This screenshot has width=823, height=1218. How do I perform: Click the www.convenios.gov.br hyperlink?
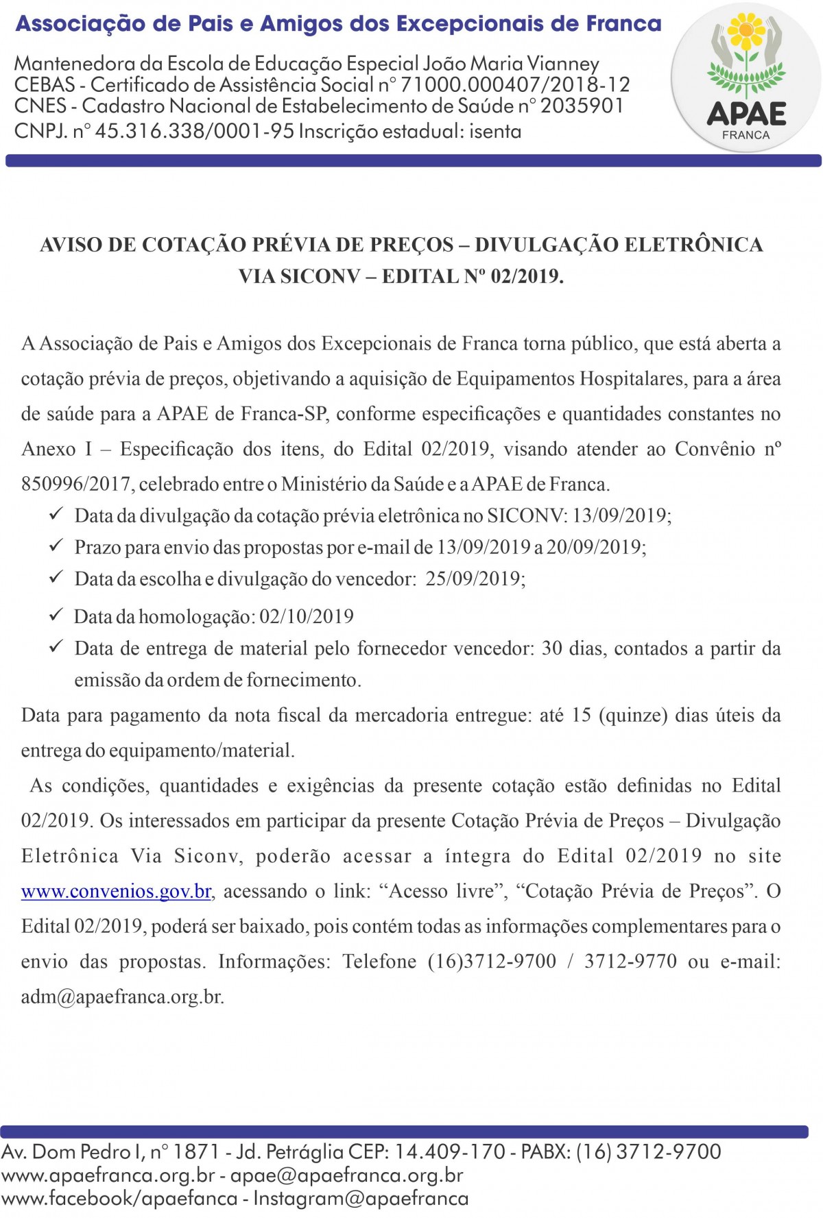[x=116, y=891]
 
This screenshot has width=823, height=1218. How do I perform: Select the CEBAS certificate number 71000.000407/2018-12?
[x=515, y=85]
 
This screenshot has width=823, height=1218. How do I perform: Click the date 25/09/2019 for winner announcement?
[x=475, y=578]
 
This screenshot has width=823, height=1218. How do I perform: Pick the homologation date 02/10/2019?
[x=307, y=616]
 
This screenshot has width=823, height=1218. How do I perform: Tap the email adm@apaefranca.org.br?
[x=122, y=996]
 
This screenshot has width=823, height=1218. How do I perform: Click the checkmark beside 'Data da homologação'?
[x=56, y=615]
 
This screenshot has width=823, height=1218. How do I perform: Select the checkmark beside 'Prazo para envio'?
[x=56, y=546]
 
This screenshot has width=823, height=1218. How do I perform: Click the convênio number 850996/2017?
[x=76, y=484]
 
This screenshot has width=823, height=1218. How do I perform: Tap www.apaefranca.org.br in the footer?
[x=108, y=1175]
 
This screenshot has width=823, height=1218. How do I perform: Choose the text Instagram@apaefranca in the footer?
[x=361, y=1198]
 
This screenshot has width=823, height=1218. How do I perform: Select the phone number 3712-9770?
[x=630, y=961]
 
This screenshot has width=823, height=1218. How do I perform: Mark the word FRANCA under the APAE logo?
[x=746, y=135]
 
